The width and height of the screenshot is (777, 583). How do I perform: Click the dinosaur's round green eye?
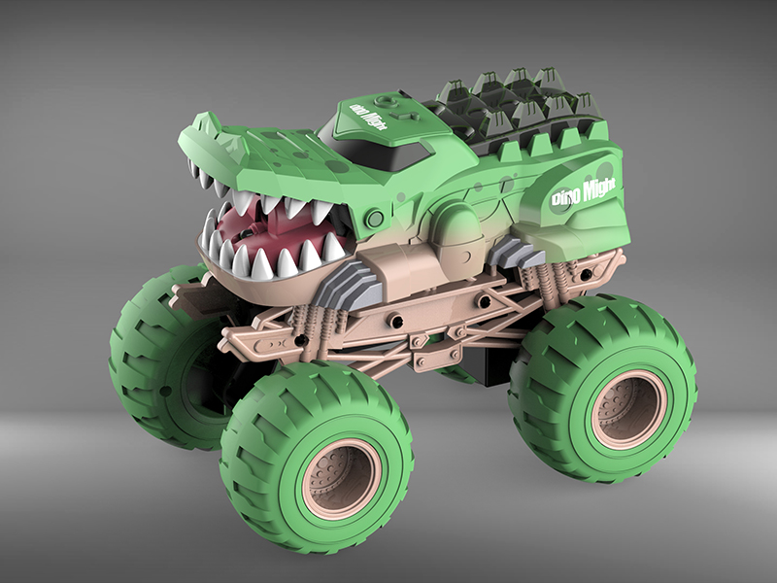point(374,219)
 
